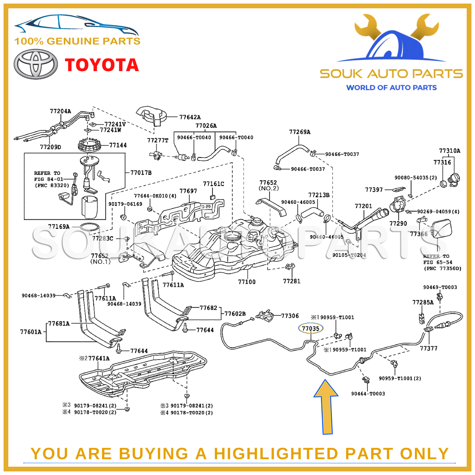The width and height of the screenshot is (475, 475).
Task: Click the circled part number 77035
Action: click(x=310, y=328)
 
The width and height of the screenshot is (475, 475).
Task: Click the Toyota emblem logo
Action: click(x=36, y=64)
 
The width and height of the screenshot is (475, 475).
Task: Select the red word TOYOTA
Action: click(x=102, y=65)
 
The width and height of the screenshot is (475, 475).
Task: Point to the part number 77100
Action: click(x=247, y=282)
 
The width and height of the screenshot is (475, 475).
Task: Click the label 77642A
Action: click(x=190, y=117)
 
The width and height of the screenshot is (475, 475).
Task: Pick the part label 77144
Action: click(x=118, y=145)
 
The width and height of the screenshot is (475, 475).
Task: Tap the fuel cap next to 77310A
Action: click(x=454, y=179)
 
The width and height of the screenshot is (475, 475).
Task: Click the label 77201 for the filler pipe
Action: click(x=363, y=206)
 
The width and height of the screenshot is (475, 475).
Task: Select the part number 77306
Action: click(x=290, y=316)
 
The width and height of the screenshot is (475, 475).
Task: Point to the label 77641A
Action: click(x=99, y=358)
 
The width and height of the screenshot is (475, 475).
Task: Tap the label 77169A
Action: click(x=59, y=227)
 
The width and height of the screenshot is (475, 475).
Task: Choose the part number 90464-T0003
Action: click(x=368, y=394)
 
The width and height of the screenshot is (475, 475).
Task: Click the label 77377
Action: click(x=428, y=348)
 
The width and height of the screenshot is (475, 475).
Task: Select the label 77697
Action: click(x=188, y=191)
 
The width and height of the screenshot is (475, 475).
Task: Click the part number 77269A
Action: click(x=300, y=132)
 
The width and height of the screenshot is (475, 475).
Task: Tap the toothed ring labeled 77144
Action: click(x=89, y=145)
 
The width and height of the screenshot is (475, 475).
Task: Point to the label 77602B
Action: click(x=235, y=314)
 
